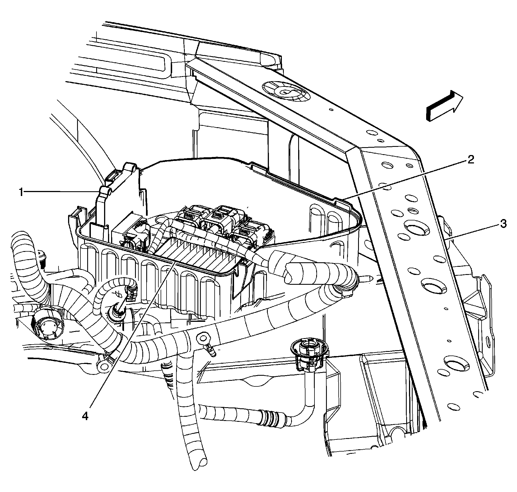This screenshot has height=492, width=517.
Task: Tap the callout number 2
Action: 470,160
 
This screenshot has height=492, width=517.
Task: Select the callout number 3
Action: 503,224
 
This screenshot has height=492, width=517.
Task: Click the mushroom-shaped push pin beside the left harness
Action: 43,256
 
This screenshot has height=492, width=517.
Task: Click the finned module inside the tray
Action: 197,253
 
